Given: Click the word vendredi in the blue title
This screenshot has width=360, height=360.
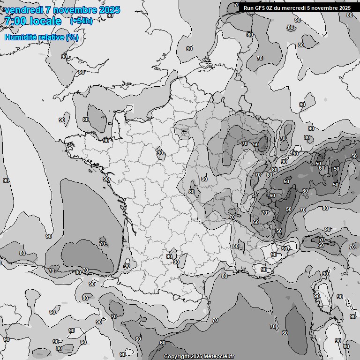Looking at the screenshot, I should tap(23, 10).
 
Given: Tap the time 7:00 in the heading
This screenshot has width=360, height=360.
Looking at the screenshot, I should tap(15, 21).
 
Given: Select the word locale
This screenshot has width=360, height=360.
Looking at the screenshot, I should tap(44, 21).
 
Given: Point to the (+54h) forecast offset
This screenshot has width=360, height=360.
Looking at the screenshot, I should tap(81, 21).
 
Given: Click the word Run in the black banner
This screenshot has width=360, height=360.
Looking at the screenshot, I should tap(248, 8).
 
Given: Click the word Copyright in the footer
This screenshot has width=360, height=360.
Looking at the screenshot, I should tap(176, 357).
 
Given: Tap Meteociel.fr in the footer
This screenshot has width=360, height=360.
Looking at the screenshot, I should tap(218, 357).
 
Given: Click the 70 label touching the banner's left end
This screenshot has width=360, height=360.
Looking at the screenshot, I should tap(237, 6).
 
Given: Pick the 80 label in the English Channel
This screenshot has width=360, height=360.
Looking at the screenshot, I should tap(86, 120).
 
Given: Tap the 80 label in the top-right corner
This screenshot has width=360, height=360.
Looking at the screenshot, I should tap(349, 15).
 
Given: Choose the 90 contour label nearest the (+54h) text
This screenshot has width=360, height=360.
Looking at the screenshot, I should tap(110, 15).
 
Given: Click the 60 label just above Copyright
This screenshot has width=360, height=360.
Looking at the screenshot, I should tap(163, 343).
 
